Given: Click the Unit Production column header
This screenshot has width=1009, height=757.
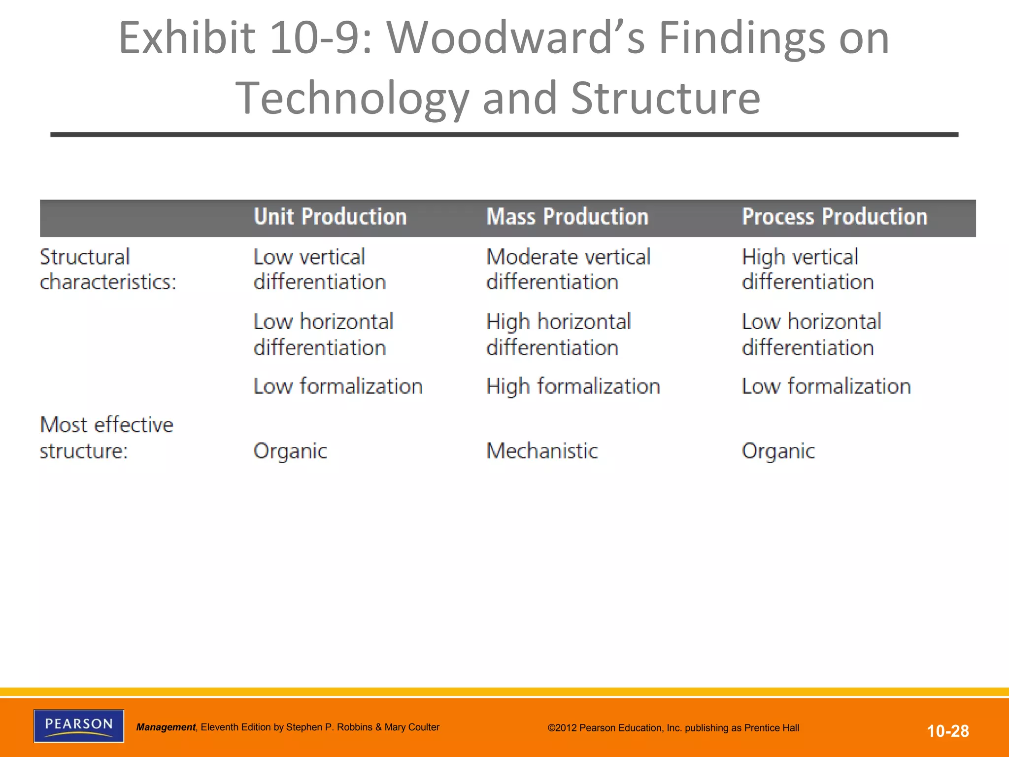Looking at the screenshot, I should coord(330,217).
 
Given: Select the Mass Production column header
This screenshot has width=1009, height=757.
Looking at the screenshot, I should coord(567,217).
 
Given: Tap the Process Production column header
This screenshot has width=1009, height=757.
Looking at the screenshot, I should coord(835,217).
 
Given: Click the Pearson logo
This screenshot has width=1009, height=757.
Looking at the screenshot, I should coord(79,725).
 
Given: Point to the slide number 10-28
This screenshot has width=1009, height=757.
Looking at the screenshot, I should coord(947,730).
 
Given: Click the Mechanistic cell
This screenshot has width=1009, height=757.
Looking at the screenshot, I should coord(542,451).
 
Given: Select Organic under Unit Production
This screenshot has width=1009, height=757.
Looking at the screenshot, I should coord(290,451).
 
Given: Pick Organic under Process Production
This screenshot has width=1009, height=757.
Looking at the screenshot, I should coord(778,451).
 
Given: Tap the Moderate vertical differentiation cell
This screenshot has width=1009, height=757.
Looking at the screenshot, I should coord(568,270).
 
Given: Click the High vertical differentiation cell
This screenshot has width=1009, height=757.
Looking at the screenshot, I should coord(808,270).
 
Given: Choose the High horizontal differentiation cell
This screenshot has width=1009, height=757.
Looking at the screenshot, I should coord(558,334).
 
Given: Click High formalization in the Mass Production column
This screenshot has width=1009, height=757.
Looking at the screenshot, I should coord(573,386).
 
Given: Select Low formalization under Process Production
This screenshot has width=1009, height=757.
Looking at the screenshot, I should coord(826,386).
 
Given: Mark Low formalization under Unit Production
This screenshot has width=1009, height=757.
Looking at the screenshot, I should coord(338,386).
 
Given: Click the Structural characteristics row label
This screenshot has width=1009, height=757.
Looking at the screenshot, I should coord(107,270).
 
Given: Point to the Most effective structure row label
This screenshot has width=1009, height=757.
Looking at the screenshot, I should coord(106,438).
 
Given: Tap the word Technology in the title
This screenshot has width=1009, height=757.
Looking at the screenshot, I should coord(352,98).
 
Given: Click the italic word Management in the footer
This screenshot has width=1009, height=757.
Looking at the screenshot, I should coord(166,727).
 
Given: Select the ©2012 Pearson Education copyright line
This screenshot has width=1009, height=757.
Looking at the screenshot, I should coord(673,728).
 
